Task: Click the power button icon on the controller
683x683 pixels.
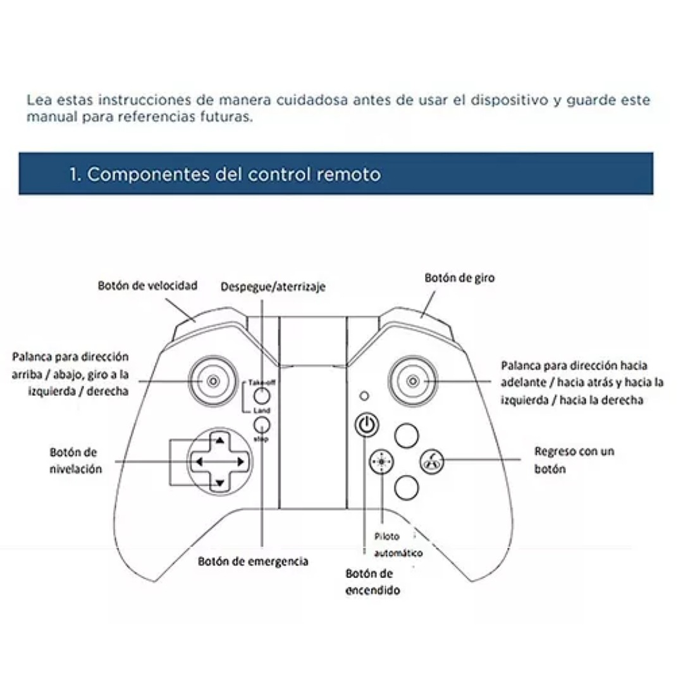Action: tap(366, 425)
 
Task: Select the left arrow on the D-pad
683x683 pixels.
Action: tap(198, 462)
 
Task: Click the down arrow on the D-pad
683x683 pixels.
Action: tap(218, 484)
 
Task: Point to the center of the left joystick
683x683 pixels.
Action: tap(213, 381)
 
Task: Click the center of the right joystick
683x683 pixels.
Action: tap(413, 381)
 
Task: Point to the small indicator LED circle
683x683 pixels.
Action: tap(363, 396)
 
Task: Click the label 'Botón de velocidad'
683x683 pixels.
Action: tap(147, 286)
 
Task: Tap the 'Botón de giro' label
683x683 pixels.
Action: tap(460, 278)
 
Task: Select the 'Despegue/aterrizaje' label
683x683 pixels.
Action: tap(273, 287)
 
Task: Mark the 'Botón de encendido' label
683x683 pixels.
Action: tap(372, 582)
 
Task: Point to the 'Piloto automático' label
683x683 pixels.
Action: tap(397, 545)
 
